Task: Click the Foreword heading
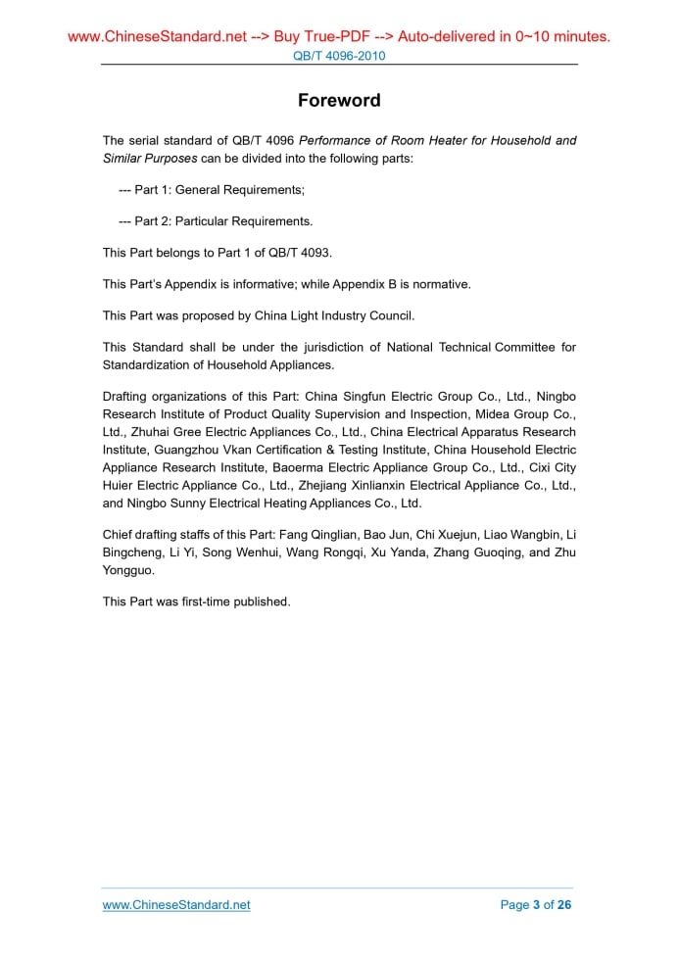339,101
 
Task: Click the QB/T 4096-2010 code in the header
339,56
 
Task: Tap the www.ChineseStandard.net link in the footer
176,904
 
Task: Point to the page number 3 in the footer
536,904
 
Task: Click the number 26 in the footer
563,904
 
